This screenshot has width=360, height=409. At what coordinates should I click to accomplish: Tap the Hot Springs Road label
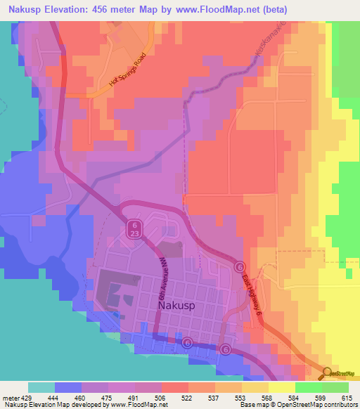tap(131, 70)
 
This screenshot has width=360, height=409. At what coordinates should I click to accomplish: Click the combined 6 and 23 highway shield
tap(134, 227)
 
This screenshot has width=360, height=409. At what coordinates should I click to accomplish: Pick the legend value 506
tap(160, 397)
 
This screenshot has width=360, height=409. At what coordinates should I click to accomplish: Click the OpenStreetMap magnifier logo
tap(328, 373)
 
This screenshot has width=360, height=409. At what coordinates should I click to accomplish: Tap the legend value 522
tap(187, 397)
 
